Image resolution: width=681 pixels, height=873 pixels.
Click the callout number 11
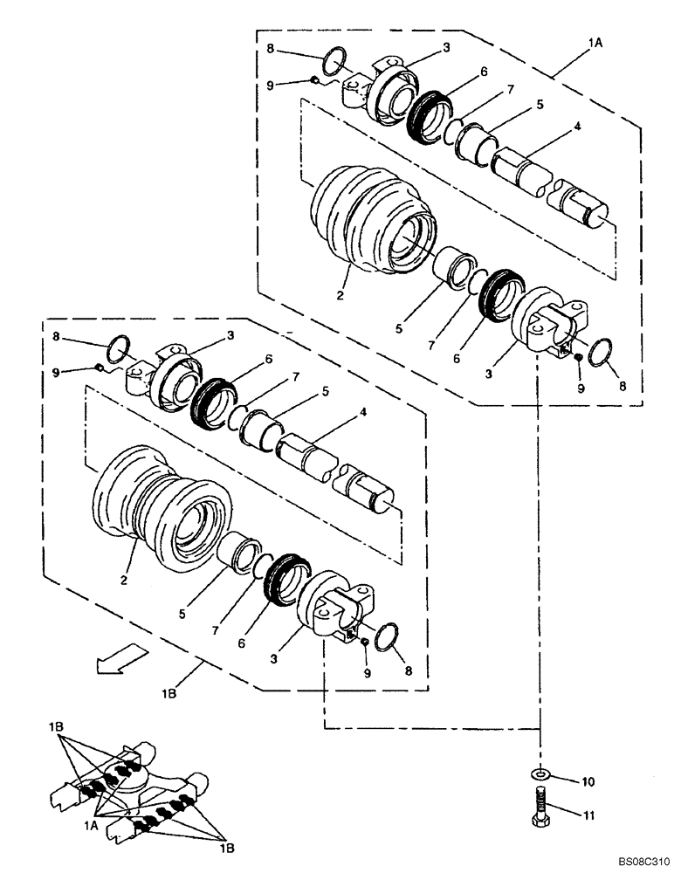587,815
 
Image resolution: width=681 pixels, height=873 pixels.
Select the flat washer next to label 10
541,773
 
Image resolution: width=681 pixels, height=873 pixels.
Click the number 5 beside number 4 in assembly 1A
540,105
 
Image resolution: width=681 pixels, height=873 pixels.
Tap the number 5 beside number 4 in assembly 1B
325,392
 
